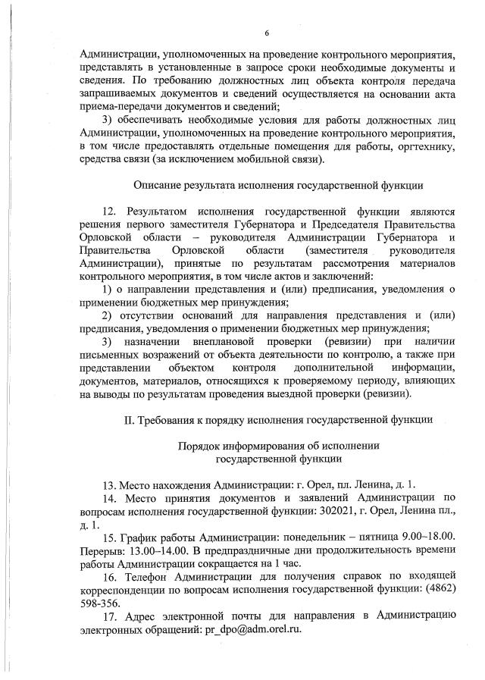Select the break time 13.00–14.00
click(x=146, y=550)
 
